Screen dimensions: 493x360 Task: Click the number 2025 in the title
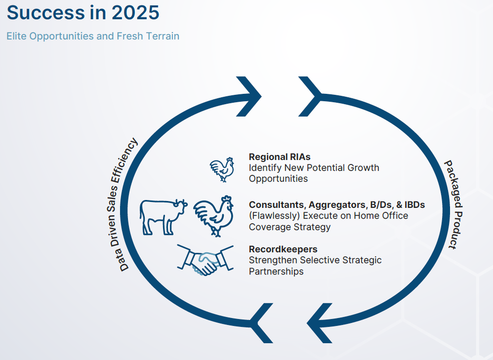[135, 12]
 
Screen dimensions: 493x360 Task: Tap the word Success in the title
[46, 12]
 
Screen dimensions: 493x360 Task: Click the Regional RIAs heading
[280, 157]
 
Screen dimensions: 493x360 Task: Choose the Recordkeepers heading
[283, 249]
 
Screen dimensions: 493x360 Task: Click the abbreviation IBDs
[415, 204]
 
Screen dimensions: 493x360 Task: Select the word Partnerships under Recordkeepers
[276, 271]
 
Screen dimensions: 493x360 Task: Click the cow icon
[164, 217]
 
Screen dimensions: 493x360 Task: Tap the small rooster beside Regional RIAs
[222, 169]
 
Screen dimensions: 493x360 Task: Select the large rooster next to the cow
[213, 216]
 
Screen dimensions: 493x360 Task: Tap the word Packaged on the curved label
[453, 184]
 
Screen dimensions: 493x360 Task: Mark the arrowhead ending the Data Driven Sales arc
[249, 96]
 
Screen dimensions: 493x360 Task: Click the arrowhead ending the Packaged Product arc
[320, 323]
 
